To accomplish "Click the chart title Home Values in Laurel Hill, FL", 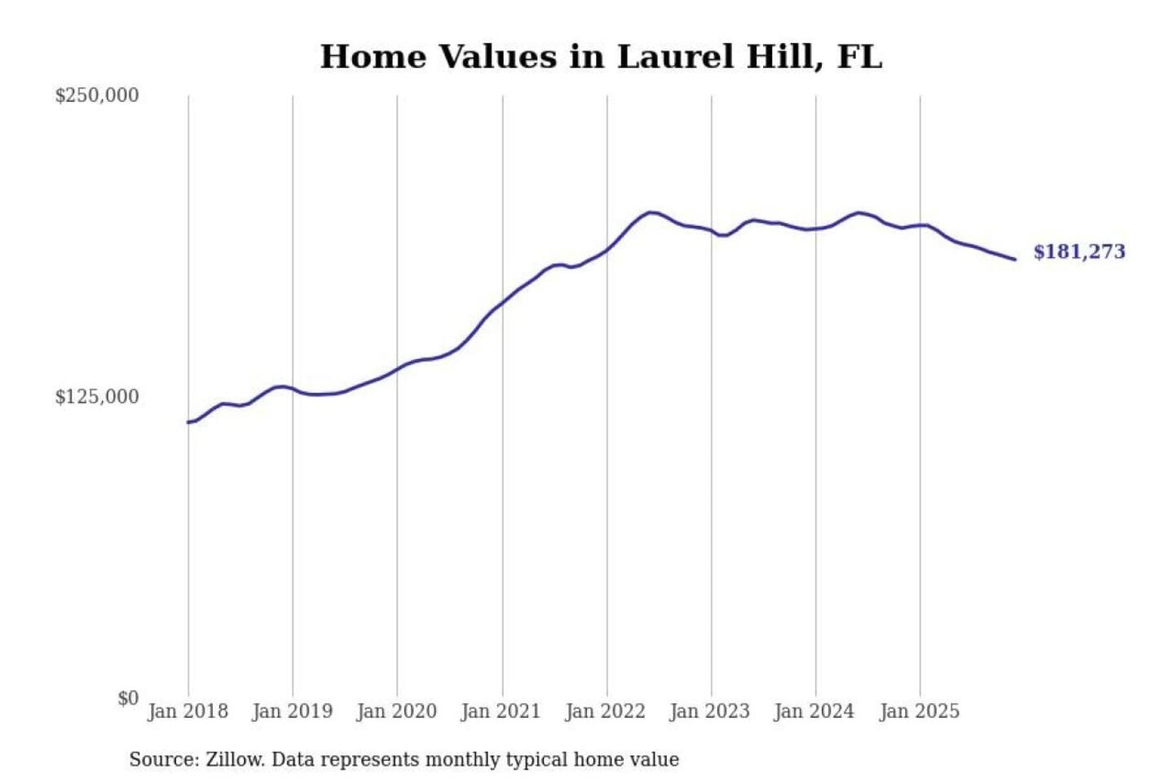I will [601, 57].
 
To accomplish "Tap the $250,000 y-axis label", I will [96, 95].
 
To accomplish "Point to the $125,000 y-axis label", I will [96, 397].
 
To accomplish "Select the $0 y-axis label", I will [127, 698].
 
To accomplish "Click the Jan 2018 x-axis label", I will [188, 711].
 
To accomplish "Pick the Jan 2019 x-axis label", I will [292, 711].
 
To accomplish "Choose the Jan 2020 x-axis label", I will [396, 711].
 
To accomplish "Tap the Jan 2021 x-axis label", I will [501, 711].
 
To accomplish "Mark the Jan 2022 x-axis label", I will [605, 711].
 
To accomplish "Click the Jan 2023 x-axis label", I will [709, 711].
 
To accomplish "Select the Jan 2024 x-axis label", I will [814, 711].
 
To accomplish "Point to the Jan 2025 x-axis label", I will [919, 711].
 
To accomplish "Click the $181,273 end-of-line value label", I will [1079, 252].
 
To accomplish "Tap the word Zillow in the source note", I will [234, 759].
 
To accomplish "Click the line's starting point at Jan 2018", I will [188, 422].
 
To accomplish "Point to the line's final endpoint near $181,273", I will [1015, 259].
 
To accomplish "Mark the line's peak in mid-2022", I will [650, 212].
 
